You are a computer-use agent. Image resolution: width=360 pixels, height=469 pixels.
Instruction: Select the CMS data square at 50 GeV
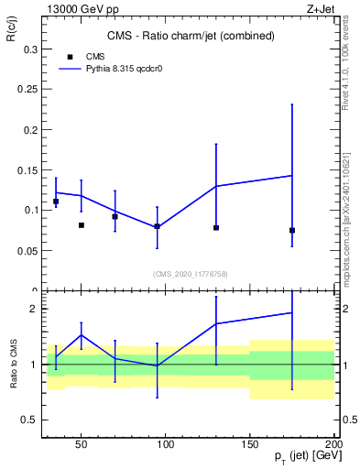(82, 225)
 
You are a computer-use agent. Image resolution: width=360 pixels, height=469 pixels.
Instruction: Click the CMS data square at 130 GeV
(216, 227)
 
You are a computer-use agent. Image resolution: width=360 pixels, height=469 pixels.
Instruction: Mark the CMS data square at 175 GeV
(292, 230)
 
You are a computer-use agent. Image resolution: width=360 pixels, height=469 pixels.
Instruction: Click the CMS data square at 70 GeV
(115, 216)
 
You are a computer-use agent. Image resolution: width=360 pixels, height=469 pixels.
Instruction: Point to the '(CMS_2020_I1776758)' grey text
(190, 273)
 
